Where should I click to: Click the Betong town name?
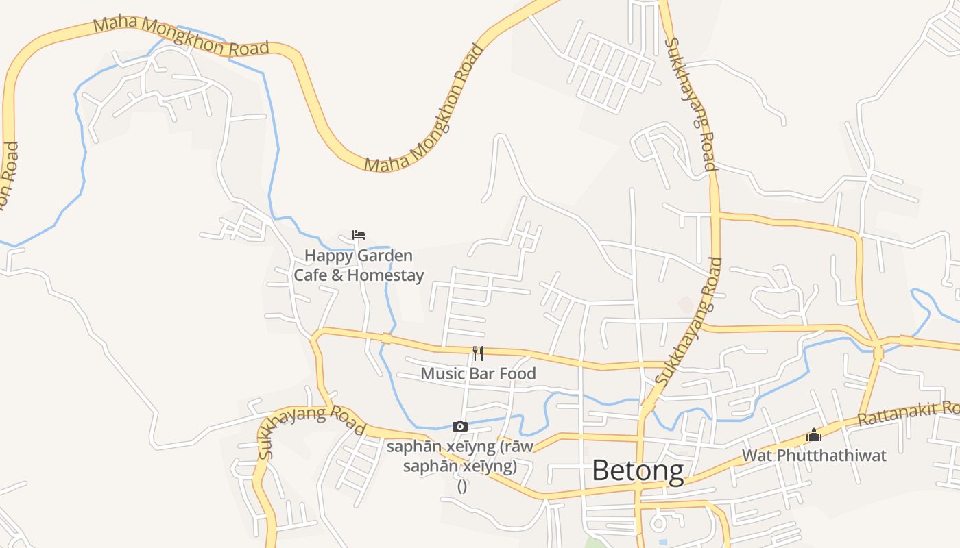coord(637,471)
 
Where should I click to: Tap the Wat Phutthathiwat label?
coord(814,456)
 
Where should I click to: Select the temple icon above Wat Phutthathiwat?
coord(814,435)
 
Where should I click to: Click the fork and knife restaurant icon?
coord(478,353)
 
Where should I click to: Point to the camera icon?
coord(460,427)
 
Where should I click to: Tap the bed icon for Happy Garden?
coord(358,235)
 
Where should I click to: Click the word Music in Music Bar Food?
coord(442,374)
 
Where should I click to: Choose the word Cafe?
coord(310,275)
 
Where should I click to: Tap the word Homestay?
coord(385,275)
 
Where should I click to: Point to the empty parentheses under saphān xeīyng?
coord(461,486)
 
